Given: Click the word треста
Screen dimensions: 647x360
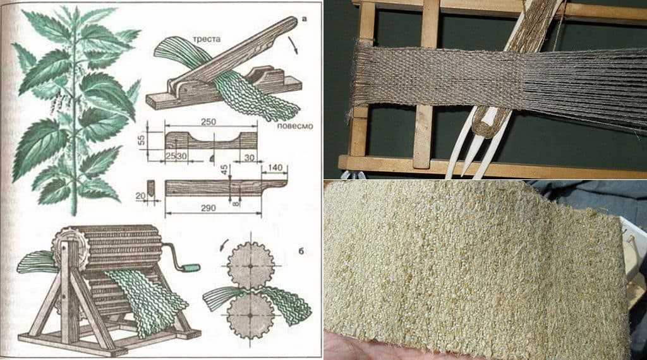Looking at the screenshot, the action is [x=207, y=39].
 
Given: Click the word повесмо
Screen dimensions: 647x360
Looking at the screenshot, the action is [x=294, y=126].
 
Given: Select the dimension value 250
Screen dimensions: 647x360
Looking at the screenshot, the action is [x=208, y=122].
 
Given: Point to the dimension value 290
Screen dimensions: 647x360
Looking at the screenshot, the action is [x=209, y=208].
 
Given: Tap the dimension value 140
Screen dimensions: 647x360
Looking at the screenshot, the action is [x=275, y=167].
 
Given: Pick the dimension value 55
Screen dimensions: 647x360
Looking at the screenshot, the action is [x=142, y=141].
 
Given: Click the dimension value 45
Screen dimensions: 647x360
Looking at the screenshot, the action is [x=224, y=170].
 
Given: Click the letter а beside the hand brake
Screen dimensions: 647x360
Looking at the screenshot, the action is [x=305, y=18].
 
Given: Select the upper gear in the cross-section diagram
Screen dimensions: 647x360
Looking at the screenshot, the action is [x=250, y=266].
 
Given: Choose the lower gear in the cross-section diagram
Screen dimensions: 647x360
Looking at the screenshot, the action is [x=250, y=315].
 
